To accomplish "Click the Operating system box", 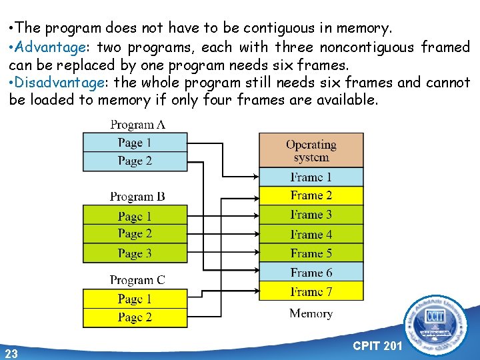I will [311, 150].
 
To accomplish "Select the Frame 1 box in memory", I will [311, 177].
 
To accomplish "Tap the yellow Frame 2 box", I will [311, 195].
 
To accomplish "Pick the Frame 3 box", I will [311, 215].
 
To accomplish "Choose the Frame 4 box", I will [311, 234].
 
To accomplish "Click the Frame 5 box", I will [311, 253].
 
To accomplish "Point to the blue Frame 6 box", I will [311, 272].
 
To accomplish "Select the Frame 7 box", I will [311, 291].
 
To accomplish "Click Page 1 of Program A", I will [134, 143].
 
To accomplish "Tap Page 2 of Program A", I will [134, 161].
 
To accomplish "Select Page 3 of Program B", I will [134, 253].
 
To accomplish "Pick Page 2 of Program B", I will [134, 233].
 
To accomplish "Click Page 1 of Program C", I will [134, 299].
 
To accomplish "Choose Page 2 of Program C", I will [134, 317].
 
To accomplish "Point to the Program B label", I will [137, 197].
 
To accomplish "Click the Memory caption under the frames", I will [311, 313].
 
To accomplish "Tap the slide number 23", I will [11, 353].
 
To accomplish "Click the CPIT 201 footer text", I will [377, 345].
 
